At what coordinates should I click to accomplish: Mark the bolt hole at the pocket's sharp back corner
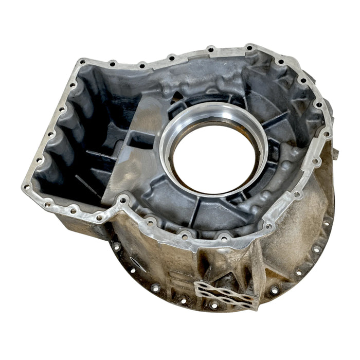[83, 63]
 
